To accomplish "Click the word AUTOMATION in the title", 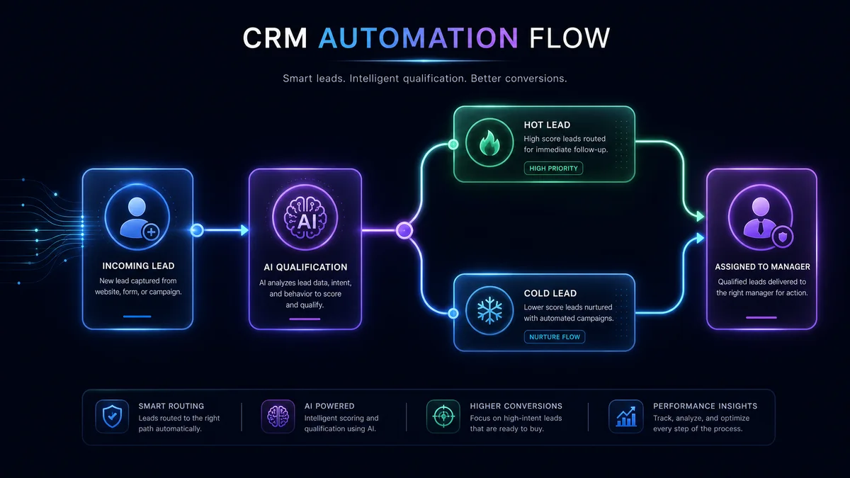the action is pos(418,38).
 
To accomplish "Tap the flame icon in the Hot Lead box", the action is pos(489,143).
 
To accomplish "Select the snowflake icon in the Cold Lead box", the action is pos(489,310).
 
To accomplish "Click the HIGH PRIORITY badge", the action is pos(553,168).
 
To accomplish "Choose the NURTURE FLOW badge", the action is pos(555,337).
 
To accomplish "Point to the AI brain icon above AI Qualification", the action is pos(305,218).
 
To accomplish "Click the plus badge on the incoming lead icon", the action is pos(151,232).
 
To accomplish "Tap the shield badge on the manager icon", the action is pos(783,237).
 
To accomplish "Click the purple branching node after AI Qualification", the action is pos(404,230).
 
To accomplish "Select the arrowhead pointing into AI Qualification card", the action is pos(245,230).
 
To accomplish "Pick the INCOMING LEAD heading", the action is pos(138,266).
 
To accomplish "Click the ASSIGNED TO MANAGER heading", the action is pos(762,267).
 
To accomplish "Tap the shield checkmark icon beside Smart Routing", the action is pos(113,416).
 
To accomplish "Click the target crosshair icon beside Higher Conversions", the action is pos(443,416).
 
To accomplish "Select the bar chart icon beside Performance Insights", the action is pos(626,416).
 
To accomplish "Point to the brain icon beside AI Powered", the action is pos(278,416).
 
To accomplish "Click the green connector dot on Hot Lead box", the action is pos(453,144).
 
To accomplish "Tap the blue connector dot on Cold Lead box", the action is pos(453,313).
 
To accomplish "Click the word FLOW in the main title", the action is pos(569,38).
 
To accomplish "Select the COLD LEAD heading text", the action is pos(550,293).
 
